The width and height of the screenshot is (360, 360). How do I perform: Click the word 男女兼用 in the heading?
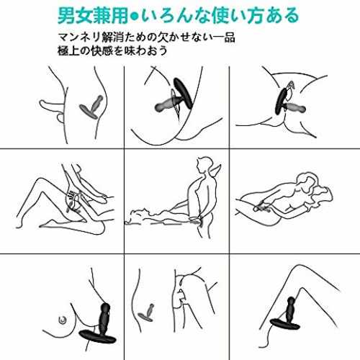coord(93,16)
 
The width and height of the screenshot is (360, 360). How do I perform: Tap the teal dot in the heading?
coord(135,17)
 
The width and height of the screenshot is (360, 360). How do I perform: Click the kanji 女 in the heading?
coord(84,16)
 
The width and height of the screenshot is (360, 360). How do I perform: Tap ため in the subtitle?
coord(134,37)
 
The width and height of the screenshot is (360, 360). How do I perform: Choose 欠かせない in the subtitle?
coord(185,37)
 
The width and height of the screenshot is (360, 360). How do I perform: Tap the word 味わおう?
coord(146,50)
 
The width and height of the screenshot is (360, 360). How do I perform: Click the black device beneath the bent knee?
coord(286,316)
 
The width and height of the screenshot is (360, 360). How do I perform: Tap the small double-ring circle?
coord(63,320)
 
